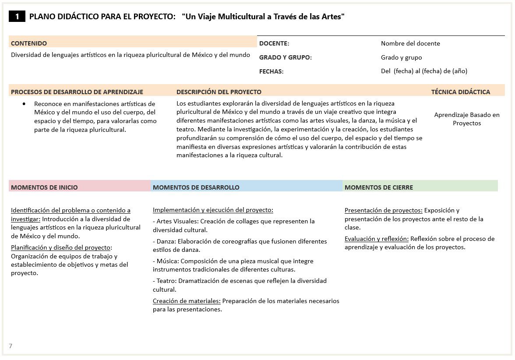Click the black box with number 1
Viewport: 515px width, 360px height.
17,17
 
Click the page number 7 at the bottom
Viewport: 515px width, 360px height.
11,346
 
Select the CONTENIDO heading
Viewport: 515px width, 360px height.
29,43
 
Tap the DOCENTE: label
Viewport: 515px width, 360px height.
274,43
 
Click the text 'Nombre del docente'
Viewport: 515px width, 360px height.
410,43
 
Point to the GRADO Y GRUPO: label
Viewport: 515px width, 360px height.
286,57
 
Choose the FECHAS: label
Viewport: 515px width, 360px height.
272,71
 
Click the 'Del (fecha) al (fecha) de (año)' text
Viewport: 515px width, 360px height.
424,71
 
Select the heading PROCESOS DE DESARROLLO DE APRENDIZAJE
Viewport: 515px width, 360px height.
77,92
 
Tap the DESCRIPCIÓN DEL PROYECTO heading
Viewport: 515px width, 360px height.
219,92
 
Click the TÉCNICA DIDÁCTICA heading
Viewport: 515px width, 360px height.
461,92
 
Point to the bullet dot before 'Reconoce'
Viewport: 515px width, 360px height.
24,104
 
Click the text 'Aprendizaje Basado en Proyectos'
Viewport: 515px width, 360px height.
467,119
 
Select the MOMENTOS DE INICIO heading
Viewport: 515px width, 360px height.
44,187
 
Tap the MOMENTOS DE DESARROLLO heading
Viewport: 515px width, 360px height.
196,187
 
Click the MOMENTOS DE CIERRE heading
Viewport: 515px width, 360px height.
379,187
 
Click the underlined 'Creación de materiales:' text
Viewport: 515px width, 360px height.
187,301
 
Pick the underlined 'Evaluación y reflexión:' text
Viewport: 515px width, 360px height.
377,239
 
